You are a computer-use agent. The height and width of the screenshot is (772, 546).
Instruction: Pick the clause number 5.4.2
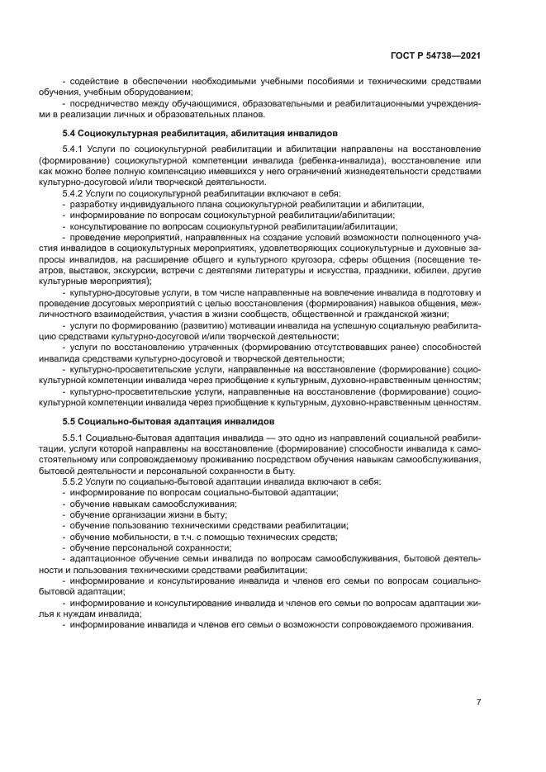coord(74,193)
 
